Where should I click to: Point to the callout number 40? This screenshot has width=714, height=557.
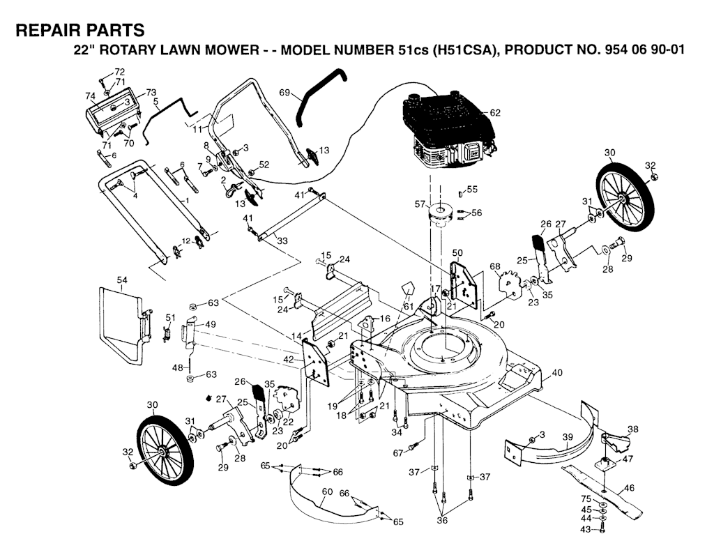(x=556, y=373)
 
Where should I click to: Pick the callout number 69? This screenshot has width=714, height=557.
(x=284, y=92)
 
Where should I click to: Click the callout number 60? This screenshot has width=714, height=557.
(x=327, y=492)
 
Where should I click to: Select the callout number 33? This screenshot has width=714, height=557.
(x=282, y=241)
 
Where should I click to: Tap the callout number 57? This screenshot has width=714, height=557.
(x=420, y=204)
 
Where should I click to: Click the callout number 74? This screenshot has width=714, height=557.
(x=90, y=96)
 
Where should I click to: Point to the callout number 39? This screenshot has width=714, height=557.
(x=568, y=437)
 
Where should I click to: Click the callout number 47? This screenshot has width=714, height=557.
(x=628, y=459)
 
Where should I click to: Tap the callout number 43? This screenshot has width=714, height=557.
(x=585, y=531)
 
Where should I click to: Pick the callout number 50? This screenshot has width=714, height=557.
(x=457, y=252)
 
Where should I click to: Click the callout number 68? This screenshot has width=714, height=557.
(x=495, y=266)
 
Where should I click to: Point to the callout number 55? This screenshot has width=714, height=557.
(x=472, y=189)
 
